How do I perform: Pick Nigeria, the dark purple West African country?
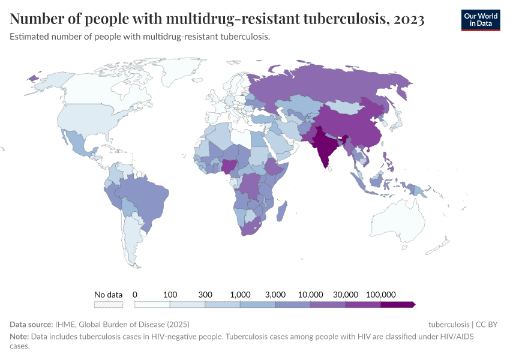point(230,165)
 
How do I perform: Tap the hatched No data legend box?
point(109,305)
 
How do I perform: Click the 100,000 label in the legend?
point(380,295)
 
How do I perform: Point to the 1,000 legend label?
point(240,295)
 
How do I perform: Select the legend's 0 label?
point(135,295)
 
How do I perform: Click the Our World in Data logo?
point(481,19)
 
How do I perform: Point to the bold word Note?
point(19,337)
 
